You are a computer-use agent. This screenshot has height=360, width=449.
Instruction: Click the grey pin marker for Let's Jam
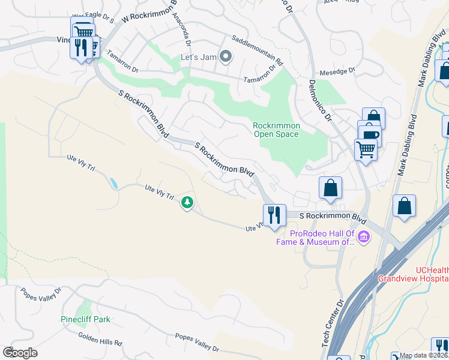coord(226,57)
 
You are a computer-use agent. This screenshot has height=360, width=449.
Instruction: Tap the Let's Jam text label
coord(197,58)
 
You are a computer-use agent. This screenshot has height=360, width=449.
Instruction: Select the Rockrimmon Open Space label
coord(276,130)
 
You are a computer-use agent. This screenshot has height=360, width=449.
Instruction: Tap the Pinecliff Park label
coord(86,320)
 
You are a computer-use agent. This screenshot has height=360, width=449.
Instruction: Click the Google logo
coord(20,352)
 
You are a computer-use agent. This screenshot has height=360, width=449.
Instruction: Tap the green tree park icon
coord(187,203)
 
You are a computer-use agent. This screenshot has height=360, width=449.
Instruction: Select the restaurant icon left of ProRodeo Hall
coord(274,215)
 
